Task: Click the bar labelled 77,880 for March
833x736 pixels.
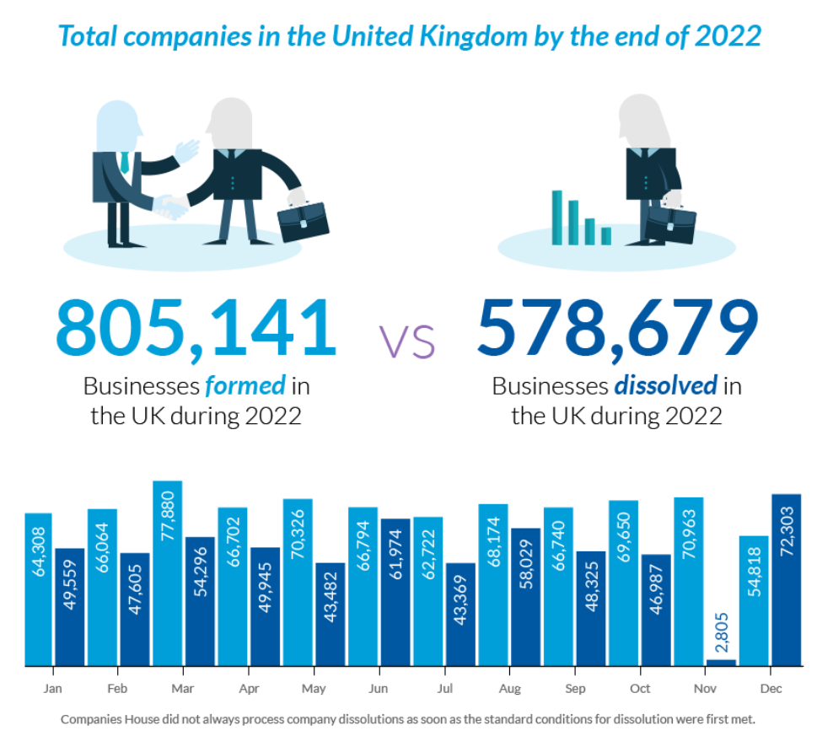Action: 167,573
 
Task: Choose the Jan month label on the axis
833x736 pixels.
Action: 53,689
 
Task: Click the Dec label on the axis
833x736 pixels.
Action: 770,689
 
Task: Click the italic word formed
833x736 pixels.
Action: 245,386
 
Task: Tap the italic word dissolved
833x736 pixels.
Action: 665,386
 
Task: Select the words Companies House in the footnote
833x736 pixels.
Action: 104,720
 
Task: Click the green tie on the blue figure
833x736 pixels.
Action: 124,163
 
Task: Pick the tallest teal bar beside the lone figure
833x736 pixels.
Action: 556,217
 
